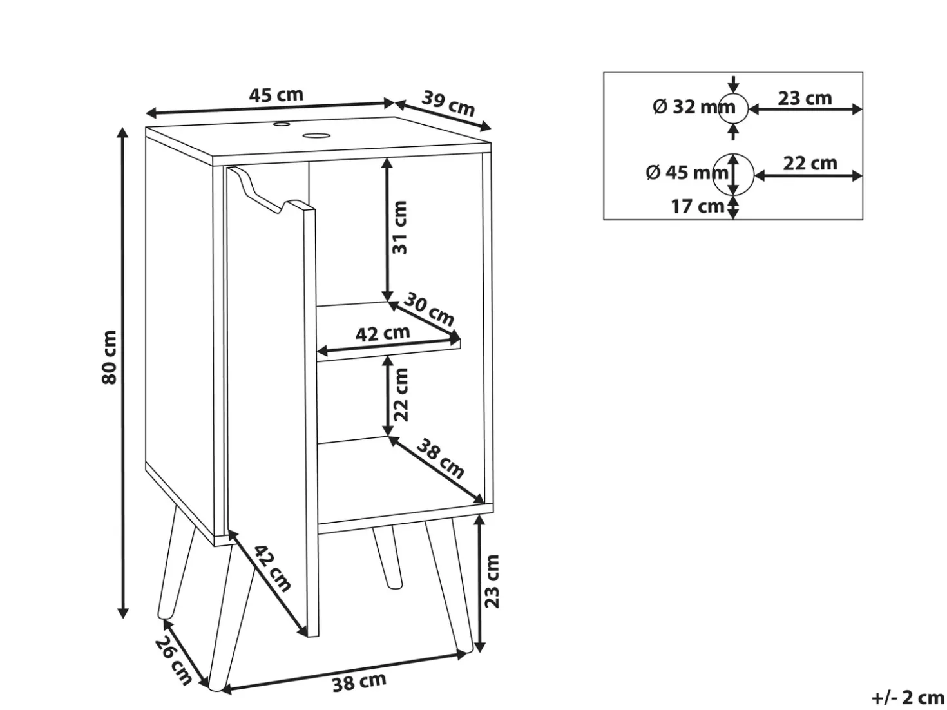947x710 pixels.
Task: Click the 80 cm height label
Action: tap(110, 357)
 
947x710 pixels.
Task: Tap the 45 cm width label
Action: tap(276, 95)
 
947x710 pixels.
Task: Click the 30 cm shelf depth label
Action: tap(429, 309)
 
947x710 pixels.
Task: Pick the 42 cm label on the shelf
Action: tap(383, 334)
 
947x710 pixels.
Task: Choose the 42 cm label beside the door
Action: tap(273, 568)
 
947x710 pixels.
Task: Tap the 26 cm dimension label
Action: tap(173, 661)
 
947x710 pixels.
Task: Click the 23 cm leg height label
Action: tap(491, 581)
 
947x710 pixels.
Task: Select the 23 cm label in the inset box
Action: tap(805, 99)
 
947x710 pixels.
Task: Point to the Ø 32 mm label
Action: tap(694, 107)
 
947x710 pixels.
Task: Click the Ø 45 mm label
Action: tap(687, 173)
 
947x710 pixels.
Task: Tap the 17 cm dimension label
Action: tap(697, 207)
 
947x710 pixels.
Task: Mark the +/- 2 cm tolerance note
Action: tap(908, 697)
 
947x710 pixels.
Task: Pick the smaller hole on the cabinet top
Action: tap(281, 124)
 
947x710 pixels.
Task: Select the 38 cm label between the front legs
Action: tap(359, 682)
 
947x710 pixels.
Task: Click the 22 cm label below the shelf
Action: tap(400, 394)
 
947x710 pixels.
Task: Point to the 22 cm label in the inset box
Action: tap(810, 164)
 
